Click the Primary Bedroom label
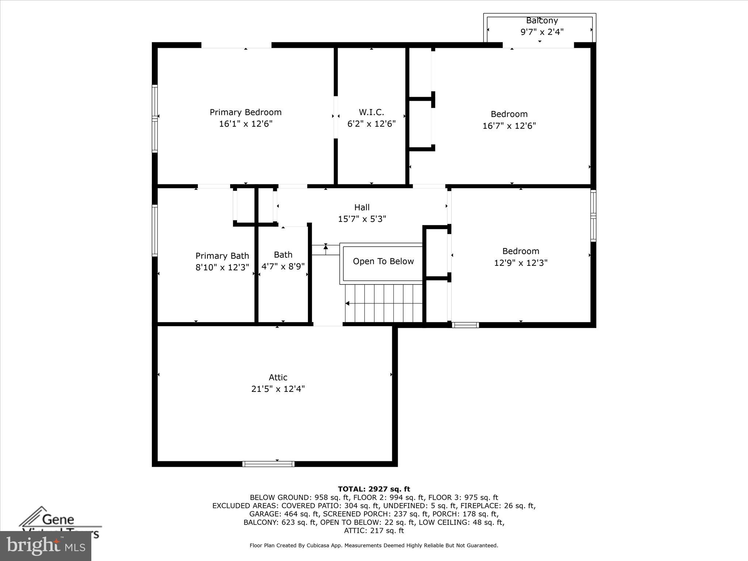[245, 112]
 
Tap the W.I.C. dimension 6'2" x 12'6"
[371, 124]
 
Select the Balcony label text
[542, 21]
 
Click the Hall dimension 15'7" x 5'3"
[362, 219]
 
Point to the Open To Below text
[383, 261]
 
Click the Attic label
[278, 377]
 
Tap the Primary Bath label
[222, 256]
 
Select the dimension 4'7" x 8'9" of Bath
[283, 266]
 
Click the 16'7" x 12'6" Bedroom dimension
[509, 126]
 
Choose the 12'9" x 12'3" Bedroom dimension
[520, 263]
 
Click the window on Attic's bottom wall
[268, 464]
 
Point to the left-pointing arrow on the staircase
[347, 303]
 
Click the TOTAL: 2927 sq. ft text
[374, 489]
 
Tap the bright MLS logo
[46, 546]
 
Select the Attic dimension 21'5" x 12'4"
[278, 389]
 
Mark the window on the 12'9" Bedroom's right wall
[593, 215]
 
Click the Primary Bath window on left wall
[155, 230]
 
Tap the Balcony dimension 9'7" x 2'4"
[542, 32]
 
